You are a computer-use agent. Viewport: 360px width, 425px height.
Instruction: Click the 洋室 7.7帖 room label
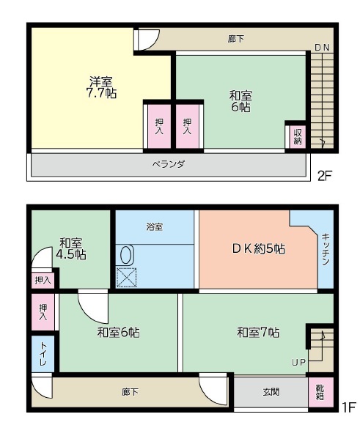point(101,87)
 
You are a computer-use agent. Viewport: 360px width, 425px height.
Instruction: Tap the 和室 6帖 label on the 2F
point(240,101)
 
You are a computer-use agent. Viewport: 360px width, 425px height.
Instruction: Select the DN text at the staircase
point(322,48)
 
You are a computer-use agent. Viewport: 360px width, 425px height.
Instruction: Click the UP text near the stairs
point(298,362)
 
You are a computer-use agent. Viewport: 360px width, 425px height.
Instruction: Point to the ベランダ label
point(169,164)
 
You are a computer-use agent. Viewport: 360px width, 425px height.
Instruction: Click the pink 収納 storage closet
point(298,137)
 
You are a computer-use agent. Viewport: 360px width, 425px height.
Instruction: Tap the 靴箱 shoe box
point(320,392)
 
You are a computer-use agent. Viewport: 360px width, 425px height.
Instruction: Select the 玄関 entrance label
point(271,392)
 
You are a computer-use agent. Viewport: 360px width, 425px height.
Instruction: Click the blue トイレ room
point(43,354)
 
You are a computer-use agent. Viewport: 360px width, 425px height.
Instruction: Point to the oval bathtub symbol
point(126,255)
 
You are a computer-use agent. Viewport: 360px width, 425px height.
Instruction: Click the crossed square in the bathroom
point(126,277)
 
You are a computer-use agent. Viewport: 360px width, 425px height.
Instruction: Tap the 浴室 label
point(155,226)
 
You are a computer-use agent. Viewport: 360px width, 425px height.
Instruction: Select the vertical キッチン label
point(326,249)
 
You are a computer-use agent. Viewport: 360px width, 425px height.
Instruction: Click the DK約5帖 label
point(258,249)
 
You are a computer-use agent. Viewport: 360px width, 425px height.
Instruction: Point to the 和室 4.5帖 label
point(71,248)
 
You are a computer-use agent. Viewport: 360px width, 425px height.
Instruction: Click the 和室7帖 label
point(258,332)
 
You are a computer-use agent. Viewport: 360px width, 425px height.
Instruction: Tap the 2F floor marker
point(325,176)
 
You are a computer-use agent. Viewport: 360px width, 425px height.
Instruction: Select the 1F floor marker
point(348,407)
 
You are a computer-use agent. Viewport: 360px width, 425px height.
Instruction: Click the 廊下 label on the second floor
point(236,39)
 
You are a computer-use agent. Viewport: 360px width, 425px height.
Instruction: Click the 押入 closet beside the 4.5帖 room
point(43,281)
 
